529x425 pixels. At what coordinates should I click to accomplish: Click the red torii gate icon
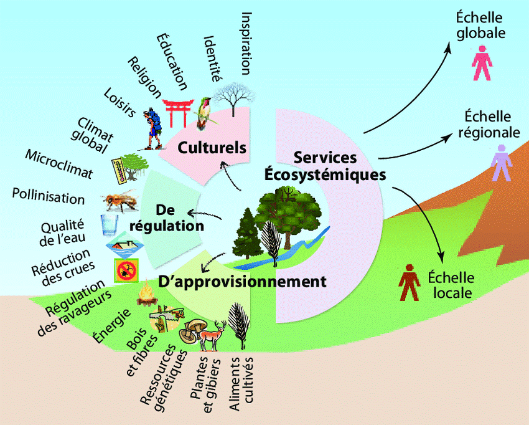point(179,112)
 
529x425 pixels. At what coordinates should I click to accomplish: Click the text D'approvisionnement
point(242,282)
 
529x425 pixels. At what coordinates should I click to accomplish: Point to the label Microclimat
point(59,163)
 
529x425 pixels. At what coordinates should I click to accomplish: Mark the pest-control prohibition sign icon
point(124,269)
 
